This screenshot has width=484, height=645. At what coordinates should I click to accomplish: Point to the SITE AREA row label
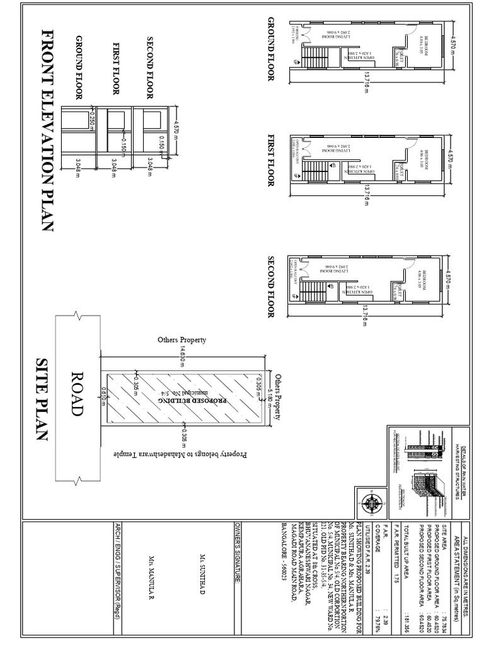[447, 532]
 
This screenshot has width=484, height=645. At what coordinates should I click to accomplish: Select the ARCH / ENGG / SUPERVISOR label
[117, 570]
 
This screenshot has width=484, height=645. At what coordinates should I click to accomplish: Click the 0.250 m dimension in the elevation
[92, 120]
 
